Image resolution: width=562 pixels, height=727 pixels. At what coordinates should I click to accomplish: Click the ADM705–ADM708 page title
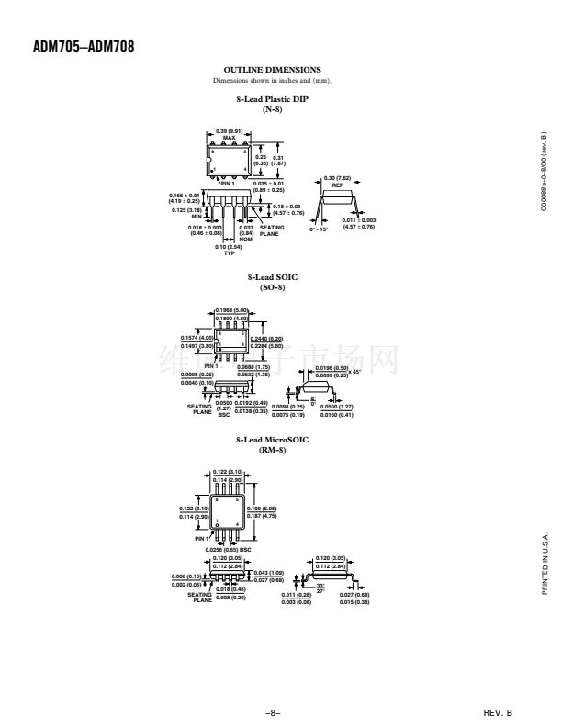(84, 47)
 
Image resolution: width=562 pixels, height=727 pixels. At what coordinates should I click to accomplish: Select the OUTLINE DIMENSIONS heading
(273, 69)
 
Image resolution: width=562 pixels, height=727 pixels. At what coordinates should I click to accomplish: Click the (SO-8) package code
(273, 286)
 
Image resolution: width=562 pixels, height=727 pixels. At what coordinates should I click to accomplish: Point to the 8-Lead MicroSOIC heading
(273, 441)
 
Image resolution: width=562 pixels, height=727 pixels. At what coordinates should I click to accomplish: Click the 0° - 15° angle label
(320, 229)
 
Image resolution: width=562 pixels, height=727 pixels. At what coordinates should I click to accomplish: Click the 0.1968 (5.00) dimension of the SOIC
(230, 310)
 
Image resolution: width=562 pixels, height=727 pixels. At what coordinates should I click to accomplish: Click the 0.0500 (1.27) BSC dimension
(223, 407)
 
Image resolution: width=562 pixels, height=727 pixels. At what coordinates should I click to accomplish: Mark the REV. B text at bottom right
(497, 711)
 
